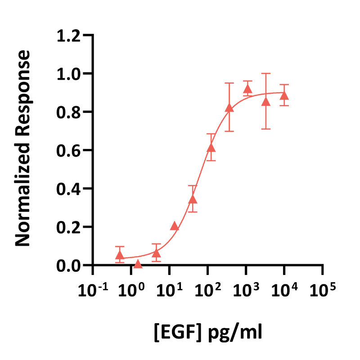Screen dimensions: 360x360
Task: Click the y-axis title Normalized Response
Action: (23, 149)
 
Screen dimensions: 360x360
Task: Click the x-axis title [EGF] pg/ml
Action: (208, 333)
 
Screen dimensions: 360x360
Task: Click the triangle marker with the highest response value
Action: (247, 89)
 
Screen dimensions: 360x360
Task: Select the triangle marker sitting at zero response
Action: (138, 264)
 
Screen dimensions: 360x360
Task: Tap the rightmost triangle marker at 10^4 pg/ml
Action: (284, 95)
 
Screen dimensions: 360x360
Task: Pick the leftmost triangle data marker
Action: (119, 255)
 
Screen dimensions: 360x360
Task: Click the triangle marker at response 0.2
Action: (175, 226)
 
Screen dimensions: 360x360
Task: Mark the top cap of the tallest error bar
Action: (266, 73)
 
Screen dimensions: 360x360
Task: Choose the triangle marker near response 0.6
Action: (211, 148)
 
